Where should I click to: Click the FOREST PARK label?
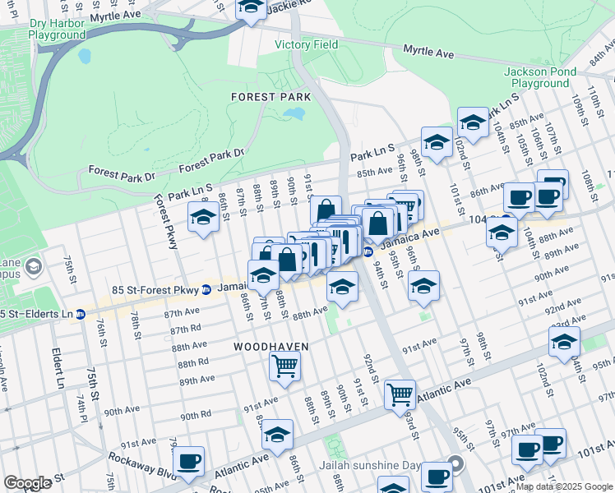point(271,97)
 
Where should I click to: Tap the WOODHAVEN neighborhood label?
point(271,347)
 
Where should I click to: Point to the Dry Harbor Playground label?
point(57,30)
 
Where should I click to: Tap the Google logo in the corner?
point(27,483)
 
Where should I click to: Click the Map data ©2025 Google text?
point(564,486)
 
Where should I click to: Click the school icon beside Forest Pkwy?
point(203,218)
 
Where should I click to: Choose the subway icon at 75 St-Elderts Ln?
point(81,314)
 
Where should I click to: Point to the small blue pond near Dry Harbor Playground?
point(85,57)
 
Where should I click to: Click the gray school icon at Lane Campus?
point(34,266)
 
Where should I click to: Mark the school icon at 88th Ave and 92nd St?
point(342,286)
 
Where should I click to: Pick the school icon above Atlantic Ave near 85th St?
point(279,434)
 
